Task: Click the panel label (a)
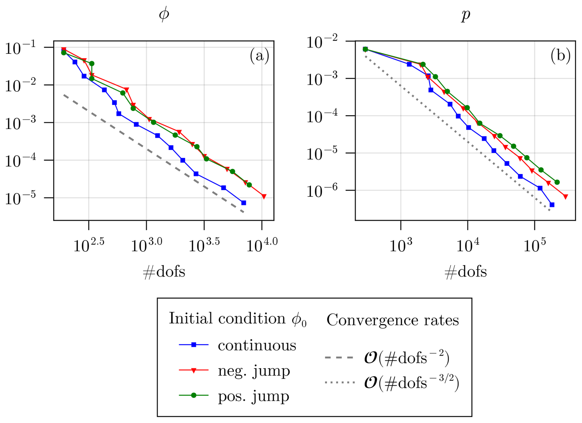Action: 259,56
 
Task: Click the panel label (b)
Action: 560,56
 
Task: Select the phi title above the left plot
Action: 164,14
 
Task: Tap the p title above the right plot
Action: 466,15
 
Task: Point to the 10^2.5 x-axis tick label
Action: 89,245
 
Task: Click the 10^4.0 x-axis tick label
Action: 262,245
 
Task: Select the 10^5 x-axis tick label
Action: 535,245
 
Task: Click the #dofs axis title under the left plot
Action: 164,272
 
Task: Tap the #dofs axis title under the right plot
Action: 466,272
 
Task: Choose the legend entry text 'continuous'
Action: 257,345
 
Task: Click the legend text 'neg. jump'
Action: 254,371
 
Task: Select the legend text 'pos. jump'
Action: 253,396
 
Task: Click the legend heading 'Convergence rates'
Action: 393,320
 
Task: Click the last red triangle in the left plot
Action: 264,196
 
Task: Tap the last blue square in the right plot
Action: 552,205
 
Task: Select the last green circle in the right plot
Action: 557,182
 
